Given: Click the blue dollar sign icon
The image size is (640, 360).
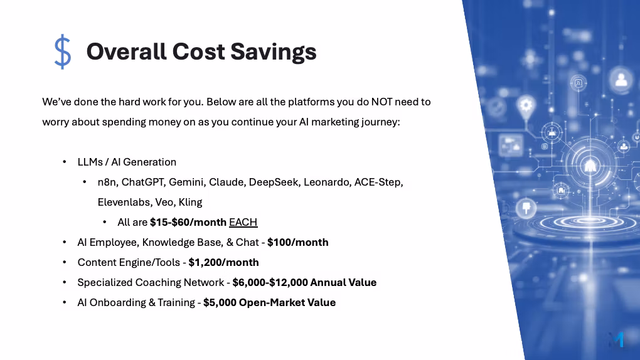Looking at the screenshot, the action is pos(63,52).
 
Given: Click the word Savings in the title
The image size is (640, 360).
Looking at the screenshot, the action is pos(274,52).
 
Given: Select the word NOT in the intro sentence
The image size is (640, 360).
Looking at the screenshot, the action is pos(381,102).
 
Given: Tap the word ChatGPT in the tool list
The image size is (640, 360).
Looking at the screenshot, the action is pos(143,182).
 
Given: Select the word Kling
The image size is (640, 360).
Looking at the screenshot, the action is pos(190,203).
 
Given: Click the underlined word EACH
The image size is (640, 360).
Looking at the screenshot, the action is pos(243,222).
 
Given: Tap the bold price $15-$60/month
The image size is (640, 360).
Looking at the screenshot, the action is pos(188,222).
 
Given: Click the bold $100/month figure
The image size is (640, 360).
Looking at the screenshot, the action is pos(298,242).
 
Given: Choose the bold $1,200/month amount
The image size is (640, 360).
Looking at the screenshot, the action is pos(223,262).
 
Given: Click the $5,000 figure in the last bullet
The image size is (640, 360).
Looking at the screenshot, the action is pos(220,302).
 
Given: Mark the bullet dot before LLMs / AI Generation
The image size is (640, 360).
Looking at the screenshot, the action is pos(65,162).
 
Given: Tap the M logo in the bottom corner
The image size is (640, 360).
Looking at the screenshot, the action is pos(617,339).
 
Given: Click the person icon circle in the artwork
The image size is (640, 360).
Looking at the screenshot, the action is pos(621,80).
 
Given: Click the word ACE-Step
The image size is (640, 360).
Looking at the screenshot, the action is pos(378,182).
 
